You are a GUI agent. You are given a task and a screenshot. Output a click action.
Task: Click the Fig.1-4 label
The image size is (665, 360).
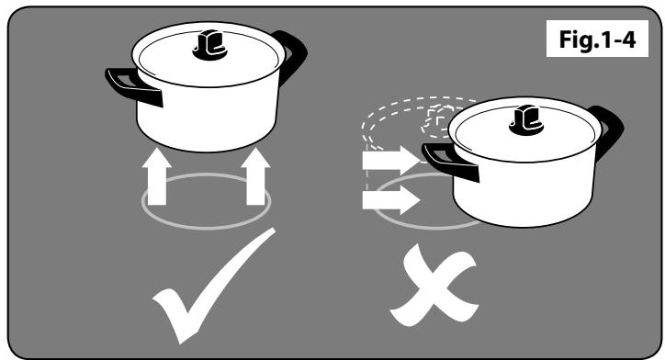[597, 39]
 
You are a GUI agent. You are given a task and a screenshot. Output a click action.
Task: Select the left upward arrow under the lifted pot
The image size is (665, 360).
[156, 176]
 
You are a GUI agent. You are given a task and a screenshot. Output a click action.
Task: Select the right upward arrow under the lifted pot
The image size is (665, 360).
[255, 176]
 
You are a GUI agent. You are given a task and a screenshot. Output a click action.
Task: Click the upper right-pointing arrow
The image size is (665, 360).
[390, 160]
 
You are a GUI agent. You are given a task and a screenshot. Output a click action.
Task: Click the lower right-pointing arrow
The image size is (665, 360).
[390, 199]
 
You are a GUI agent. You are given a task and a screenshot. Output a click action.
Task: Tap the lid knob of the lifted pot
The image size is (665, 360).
[210, 44]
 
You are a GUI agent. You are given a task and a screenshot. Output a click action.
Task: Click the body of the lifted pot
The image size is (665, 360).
[208, 117]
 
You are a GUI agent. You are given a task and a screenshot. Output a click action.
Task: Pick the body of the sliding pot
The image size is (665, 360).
[524, 193]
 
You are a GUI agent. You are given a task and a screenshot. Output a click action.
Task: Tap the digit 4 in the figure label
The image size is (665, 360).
[629, 39]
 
